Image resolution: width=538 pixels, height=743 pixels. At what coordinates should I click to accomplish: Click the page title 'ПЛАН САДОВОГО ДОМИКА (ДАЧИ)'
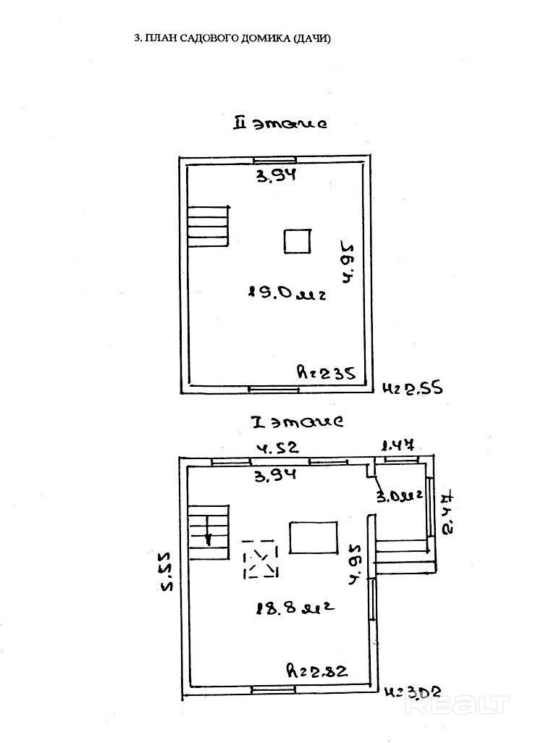[238, 39]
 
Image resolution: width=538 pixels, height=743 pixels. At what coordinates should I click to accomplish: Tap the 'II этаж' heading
[279, 123]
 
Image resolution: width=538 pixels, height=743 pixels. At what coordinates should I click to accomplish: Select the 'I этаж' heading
[296, 421]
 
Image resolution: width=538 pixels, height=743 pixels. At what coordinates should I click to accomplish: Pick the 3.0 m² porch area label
[399, 496]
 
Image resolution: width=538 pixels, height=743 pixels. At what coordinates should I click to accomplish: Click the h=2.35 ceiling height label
[325, 374]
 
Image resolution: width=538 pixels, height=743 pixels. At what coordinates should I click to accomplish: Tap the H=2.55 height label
[411, 389]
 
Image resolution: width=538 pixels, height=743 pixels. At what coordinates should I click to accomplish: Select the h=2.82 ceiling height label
[316, 671]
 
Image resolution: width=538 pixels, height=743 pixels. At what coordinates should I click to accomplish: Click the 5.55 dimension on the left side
[167, 573]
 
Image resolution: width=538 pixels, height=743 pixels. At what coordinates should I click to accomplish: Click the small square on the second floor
[297, 241]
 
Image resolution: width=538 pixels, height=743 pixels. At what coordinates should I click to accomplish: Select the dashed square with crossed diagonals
[261, 559]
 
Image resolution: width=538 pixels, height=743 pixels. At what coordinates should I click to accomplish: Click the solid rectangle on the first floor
[314, 537]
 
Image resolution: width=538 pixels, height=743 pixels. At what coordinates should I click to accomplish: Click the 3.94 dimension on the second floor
[277, 175]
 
